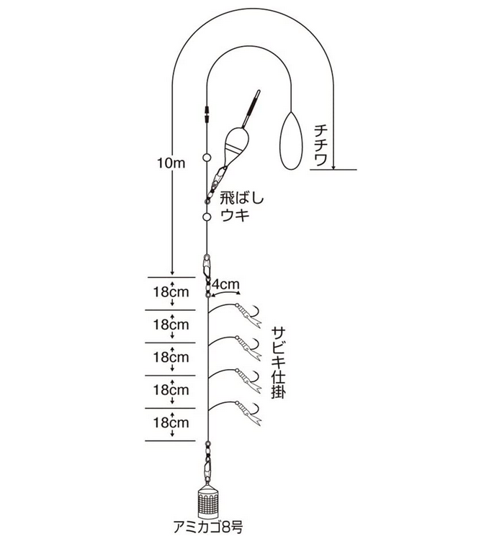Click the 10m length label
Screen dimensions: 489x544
coord(171,163)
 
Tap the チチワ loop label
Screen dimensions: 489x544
coord(320,145)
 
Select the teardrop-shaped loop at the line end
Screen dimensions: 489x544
coord(291,141)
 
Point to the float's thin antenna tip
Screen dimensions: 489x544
coord(258,92)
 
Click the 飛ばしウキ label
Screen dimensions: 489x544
coord(242,207)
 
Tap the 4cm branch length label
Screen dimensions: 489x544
coord(225,284)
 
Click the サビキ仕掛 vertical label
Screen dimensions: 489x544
coord(278,363)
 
